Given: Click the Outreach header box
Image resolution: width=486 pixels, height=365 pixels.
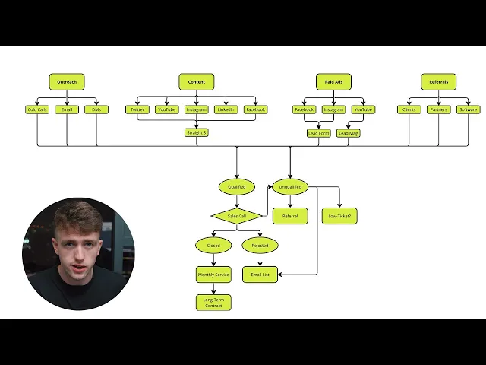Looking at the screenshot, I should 67,82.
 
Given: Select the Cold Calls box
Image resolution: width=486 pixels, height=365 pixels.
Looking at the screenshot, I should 37,109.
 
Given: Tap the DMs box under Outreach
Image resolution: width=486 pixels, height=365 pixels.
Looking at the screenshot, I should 96,109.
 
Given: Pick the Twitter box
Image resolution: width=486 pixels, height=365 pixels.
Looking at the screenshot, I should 137,109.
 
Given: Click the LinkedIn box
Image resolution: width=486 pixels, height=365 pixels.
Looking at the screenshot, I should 226,109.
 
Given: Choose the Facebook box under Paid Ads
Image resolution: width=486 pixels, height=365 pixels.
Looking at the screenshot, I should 304,109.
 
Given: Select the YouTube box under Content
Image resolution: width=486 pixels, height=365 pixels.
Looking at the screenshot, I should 167,109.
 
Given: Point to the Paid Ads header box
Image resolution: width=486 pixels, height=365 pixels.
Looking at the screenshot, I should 333,82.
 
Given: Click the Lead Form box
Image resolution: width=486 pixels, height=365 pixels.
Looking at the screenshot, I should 318,132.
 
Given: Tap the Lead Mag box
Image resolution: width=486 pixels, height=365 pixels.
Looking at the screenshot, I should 349,132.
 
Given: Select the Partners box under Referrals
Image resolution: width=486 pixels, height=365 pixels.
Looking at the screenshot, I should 438,109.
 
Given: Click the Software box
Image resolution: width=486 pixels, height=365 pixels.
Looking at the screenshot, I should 469,109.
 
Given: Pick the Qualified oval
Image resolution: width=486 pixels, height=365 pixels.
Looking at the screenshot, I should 236,186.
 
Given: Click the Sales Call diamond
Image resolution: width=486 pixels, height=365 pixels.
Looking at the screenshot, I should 236,216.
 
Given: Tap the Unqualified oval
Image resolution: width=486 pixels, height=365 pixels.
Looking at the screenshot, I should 290,186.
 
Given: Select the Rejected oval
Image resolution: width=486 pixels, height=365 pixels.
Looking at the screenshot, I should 260,246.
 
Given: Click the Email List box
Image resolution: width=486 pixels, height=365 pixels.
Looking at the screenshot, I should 260,275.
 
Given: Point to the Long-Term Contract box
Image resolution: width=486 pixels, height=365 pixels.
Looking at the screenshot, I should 213,303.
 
